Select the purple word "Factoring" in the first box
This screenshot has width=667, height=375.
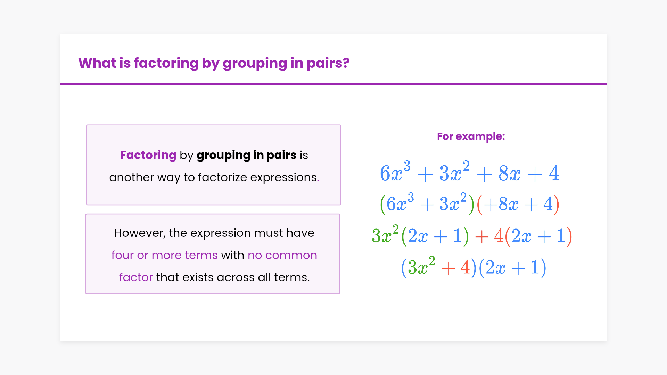148,155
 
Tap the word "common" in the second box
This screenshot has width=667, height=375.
291,255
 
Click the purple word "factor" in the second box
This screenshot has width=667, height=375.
136,277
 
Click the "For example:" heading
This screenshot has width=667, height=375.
471,136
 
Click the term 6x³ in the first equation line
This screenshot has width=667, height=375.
395,171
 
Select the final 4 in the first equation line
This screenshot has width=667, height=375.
554,173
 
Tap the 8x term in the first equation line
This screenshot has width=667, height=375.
510,173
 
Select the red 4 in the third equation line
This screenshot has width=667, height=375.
499,236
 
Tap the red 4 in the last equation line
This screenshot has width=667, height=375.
465,267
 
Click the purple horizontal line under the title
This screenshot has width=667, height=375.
333,84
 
